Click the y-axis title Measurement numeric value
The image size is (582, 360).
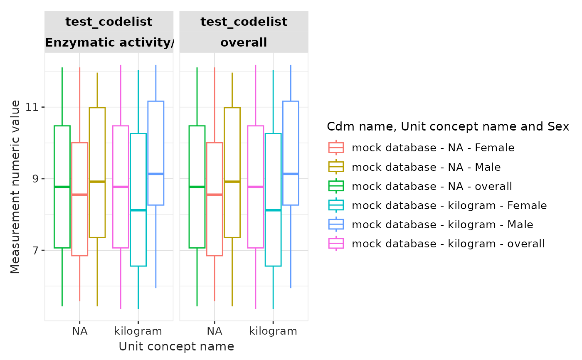tap(15, 187)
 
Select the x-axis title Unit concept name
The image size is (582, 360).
tap(176, 346)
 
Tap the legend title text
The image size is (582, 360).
tap(448, 127)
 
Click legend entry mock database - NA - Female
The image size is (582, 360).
tap(433, 148)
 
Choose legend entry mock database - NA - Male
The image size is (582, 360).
tap(426, 167)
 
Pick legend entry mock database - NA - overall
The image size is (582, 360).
tap(432, 186)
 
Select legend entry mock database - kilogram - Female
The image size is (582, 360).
tap(449, 205)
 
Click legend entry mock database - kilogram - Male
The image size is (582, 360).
tap(442, 224)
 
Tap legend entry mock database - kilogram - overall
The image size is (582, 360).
tap(448, 244)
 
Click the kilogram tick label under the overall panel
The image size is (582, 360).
tap(273, 331)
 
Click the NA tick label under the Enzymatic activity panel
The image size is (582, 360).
tap(79, 331)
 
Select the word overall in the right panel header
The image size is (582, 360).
tap(244, 42)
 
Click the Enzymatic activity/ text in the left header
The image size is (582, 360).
tap(109, 42)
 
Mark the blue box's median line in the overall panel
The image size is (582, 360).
tap(291, 174)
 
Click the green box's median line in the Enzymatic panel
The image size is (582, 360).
tap(62, 187)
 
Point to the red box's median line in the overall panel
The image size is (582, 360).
tap(215, 195)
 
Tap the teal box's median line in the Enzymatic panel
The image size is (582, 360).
tap(138, 210)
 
